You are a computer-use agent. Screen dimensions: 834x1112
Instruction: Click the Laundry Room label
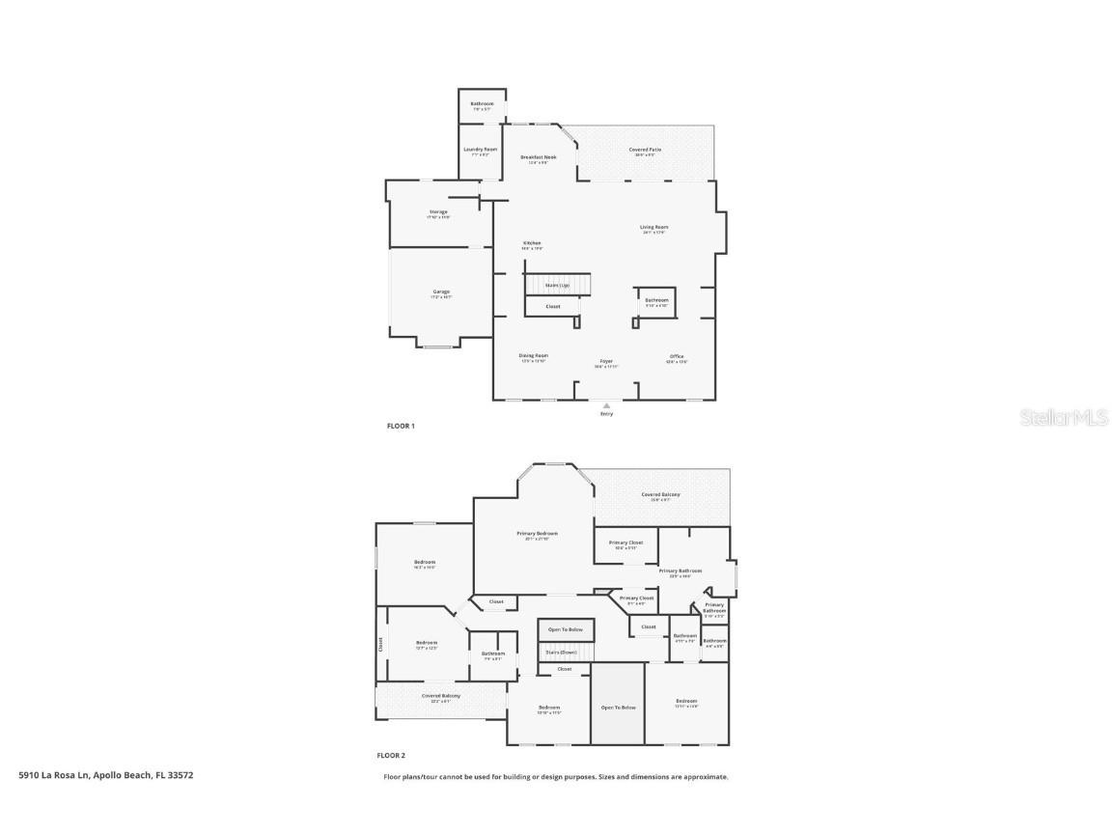click(480, 150)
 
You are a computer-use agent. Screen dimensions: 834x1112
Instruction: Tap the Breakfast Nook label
click(539, 157)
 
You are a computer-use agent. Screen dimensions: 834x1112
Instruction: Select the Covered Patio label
click(645, 150)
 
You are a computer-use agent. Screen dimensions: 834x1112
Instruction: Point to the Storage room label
click(438, 212)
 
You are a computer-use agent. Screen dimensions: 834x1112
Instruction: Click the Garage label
click(440, 292)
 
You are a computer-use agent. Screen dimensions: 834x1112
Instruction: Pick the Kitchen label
click(532, 243)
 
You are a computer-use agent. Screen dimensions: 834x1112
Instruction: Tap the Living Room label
click(654, 228)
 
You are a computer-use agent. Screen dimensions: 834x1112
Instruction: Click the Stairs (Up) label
click(557, 286)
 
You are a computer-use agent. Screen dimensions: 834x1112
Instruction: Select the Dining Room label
click(534, 355)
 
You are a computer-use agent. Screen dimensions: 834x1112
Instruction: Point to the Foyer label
click(606, 362)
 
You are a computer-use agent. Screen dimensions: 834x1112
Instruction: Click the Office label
click(677, 357)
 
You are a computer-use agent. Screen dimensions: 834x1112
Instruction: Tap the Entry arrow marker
click(606, 406)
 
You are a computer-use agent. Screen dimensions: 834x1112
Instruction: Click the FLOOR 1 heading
click(401, 426)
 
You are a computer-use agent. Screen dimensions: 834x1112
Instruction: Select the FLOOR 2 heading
click(391, 756)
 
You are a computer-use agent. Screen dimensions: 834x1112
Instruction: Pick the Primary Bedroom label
click(537, 534)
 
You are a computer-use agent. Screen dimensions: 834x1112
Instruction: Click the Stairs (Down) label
click(563, 653)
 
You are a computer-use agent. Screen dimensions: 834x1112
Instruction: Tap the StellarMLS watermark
click(1066, 418)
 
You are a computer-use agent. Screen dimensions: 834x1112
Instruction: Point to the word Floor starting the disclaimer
click(392, 777)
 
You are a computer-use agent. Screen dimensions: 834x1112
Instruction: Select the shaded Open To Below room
click(618, 708)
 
